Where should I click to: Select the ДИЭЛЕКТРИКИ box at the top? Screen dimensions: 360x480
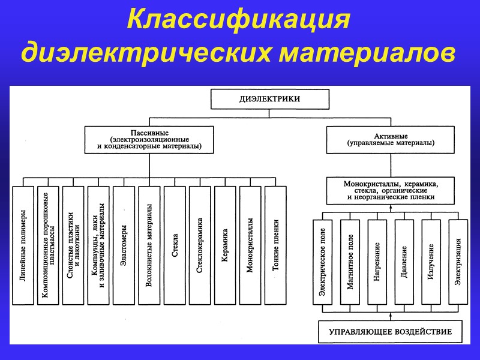tap(269, 99)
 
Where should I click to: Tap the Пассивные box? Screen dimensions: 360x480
tap(149, 139)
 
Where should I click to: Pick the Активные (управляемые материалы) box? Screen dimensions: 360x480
tap(391, 139)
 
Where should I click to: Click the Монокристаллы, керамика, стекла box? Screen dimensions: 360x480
tap(391, 190)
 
